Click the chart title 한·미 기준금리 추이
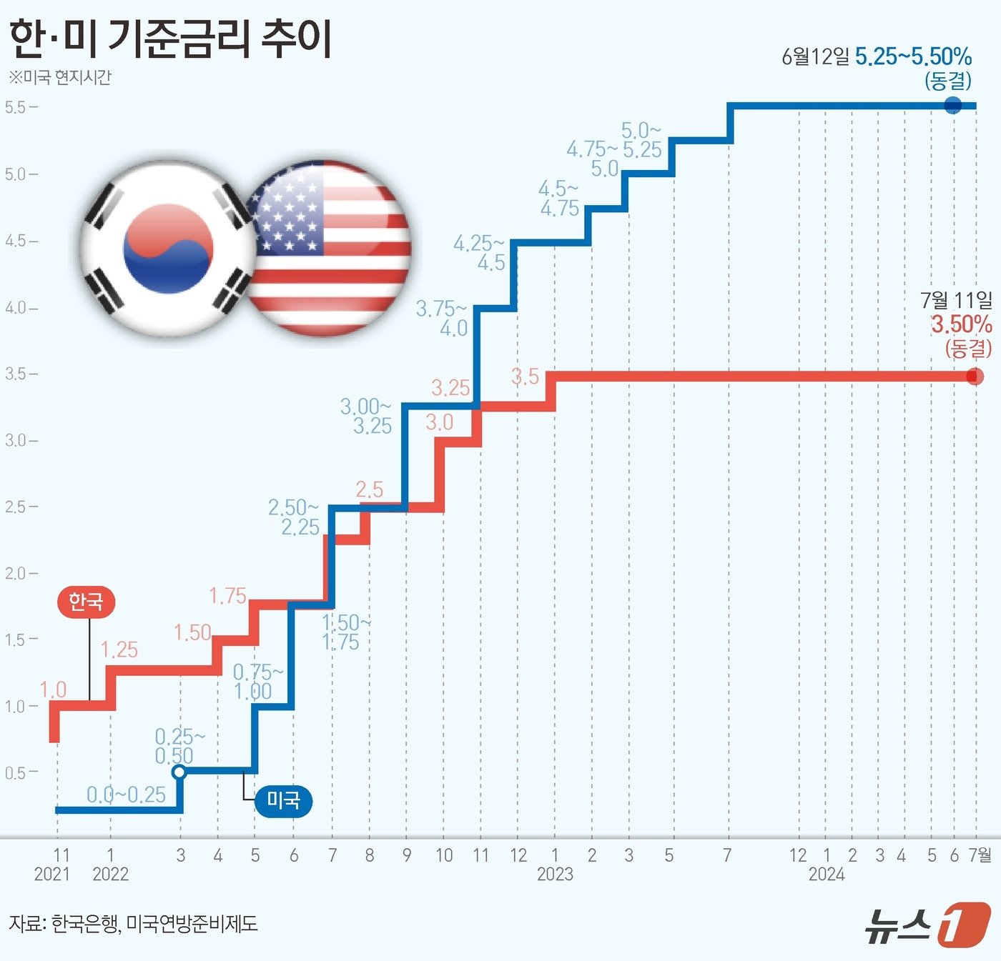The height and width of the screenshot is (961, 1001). [x=170, y=39]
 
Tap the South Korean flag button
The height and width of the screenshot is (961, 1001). [x=168, y=248]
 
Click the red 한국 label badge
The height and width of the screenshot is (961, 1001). [x=86, y=602]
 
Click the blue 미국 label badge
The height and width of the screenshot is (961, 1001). [x=283, y=800]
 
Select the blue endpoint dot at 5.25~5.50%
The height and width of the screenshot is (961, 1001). [x=953, y=106]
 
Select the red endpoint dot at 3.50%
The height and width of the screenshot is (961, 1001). [x=975, y=376]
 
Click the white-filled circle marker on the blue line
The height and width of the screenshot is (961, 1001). [x=179, y=772]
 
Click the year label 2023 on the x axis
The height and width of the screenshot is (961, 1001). [x=555, y=874]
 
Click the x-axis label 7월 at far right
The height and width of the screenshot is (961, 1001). [x=980, y=855]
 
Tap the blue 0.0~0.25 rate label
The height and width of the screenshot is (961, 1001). [x=126, y=795]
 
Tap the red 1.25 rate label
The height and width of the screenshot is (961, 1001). [x=119, y=649]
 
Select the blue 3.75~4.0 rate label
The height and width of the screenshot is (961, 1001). [x=443, y=319]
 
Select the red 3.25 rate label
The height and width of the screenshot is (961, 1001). [x=450, y=388]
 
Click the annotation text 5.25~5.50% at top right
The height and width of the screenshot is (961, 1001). [x=913, y=56]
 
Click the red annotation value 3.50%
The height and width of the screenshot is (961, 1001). [x=961, y=324]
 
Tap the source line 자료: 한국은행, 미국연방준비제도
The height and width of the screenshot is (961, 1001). [x=133, y=924]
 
